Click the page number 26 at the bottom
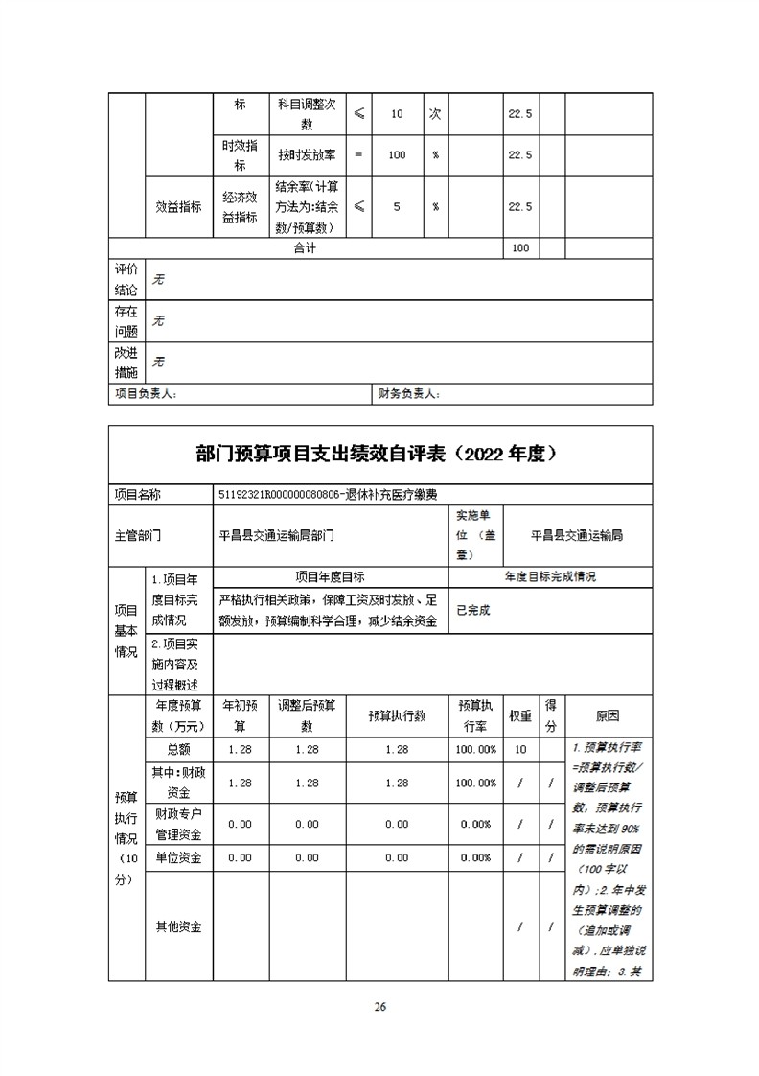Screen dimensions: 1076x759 pos(380,1007)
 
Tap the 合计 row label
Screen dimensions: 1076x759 pos(304,247)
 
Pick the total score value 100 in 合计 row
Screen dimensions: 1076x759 pos(520,247)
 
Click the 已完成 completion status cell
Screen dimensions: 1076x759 pos(473,610)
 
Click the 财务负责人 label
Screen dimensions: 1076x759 pos(408,394)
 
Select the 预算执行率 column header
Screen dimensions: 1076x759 pos(476,715)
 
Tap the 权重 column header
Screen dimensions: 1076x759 pos(520,715)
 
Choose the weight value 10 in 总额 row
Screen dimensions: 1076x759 pos(520,749)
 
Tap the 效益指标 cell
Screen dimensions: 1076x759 pos(178,206)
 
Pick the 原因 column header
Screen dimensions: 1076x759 pos(608,715)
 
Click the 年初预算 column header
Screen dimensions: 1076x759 pos(241,715)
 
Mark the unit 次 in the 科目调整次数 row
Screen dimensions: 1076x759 pos(434,114)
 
